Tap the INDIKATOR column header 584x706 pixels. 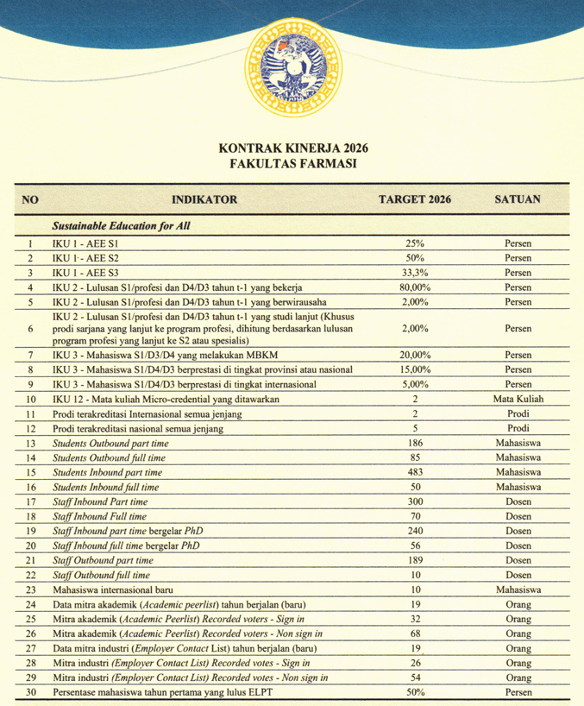[204, 199]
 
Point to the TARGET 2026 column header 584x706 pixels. [415, 199]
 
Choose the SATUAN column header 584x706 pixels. [518, 199]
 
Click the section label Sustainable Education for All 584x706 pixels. [121, 226]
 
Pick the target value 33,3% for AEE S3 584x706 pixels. [415, 273]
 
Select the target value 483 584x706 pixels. [415, 472]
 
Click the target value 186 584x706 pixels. [415, 443]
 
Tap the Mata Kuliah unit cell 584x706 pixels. [518, 399]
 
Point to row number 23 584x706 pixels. [30, 589]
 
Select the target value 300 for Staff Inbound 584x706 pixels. [415, 501]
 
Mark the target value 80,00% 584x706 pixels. [415, 287]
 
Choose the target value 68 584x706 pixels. [415, 634]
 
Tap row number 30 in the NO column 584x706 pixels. [30, 692]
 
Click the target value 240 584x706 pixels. [415, 531]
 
